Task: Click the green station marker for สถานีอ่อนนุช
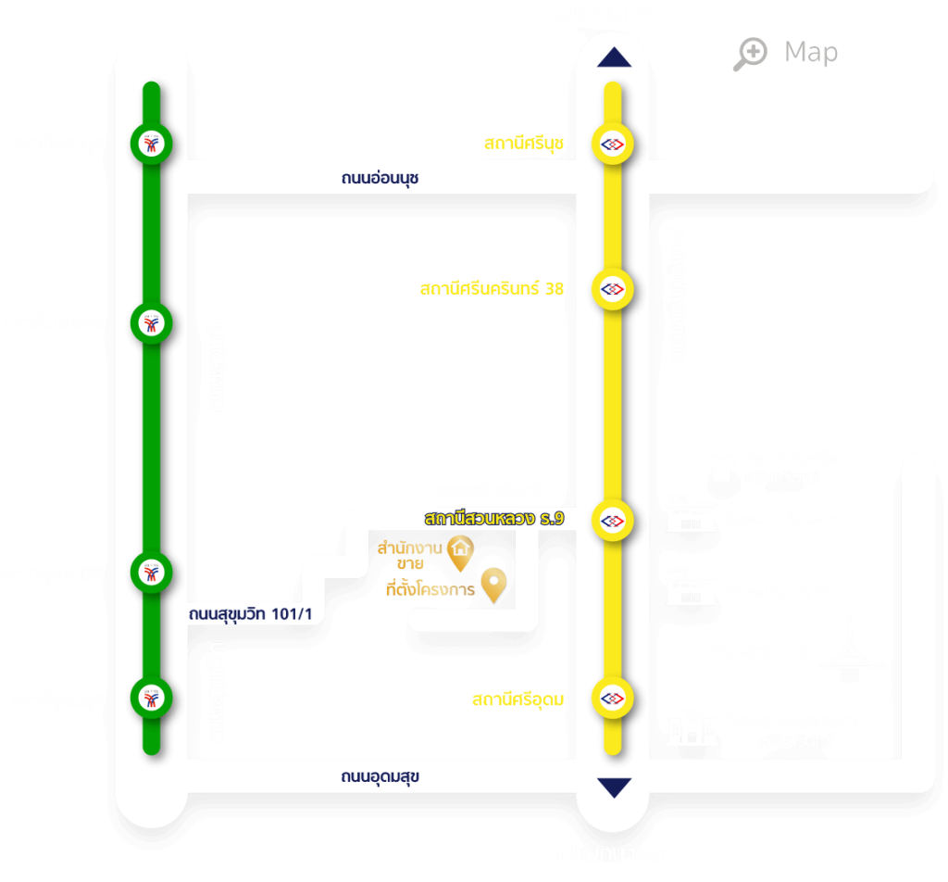[150, 144]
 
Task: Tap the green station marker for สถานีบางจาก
[150, 323]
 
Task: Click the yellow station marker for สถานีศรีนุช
[612, 144]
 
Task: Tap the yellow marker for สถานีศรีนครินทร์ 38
[612, 289]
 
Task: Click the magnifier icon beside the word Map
[750, 54]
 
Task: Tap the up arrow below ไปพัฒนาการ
[614, 57]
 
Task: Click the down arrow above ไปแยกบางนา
[614, 787]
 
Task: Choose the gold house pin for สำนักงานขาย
[460, 553]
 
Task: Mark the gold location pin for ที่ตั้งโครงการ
[496, 586]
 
